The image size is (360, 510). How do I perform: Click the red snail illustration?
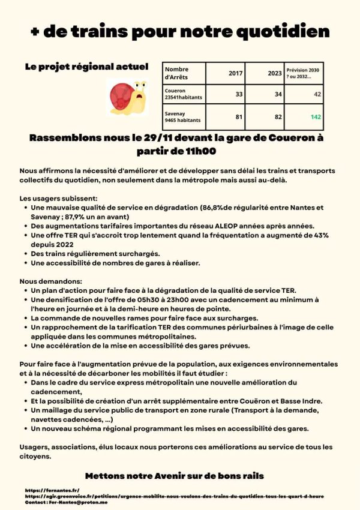click(x=128, y=97)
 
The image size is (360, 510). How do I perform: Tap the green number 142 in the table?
click(x=316, y=117)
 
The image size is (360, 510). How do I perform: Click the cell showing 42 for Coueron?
click(x=317, y=94)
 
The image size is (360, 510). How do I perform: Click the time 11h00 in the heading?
click(x=199, y=151)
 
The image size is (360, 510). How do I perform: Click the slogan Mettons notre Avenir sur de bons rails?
click(x=174, y=475)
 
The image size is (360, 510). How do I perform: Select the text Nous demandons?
click(x=50, y=281)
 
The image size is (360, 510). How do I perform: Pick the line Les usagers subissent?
click(x=58, y=198)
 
